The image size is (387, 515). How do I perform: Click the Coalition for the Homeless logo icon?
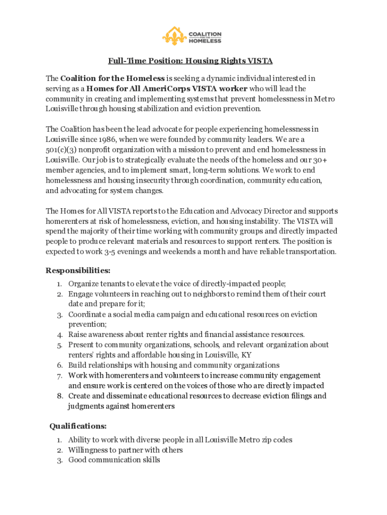tap(174, 36)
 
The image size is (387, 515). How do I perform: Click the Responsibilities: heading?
tap(78, 271)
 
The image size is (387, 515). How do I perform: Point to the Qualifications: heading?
tap(78, 426)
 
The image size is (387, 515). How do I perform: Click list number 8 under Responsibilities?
tap(59, 396)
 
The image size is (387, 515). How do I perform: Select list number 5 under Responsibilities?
tap(59, 345)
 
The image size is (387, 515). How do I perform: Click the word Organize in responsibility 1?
tap(83, 284)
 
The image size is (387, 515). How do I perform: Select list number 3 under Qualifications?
tap(59, 460)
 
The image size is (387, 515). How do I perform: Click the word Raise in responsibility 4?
tap(78, 334)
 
